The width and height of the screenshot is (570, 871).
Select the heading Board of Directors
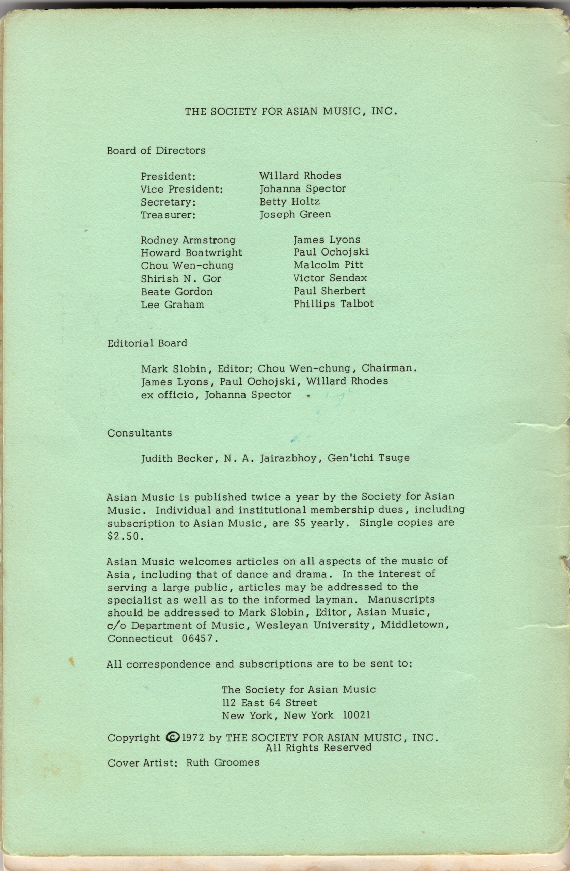(156, 150)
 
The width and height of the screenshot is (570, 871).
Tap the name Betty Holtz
(289, 201)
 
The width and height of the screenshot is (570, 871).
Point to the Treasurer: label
(168, 215)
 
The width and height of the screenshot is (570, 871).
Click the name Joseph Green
(295, 214)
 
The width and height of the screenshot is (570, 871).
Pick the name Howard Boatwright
(191, 252)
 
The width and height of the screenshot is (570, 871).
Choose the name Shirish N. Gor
(181, 279)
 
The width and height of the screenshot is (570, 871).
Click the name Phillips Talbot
(333, 304)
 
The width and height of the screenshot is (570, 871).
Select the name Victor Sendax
(330, 278)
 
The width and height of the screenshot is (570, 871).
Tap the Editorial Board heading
(147, 343)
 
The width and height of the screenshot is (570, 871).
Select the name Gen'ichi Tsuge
(368, 458)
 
